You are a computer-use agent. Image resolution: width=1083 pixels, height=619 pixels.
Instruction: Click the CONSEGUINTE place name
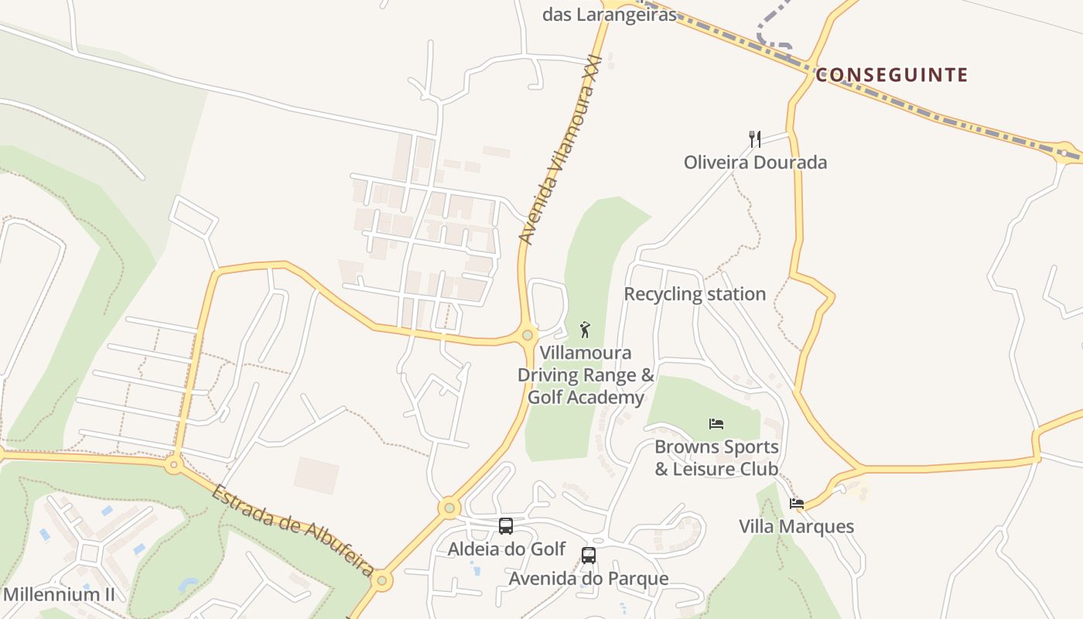891,75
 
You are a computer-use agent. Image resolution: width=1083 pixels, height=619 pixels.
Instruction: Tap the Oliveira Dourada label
755,162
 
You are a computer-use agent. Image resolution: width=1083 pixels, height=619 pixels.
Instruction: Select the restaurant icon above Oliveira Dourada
755,139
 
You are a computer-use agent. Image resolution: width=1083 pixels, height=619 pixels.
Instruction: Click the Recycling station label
695,294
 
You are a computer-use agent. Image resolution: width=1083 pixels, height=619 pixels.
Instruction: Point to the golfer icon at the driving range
585,330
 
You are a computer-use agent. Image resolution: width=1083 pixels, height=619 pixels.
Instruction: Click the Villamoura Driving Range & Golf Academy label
586,375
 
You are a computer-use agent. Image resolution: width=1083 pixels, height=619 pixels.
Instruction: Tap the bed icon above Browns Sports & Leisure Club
716,424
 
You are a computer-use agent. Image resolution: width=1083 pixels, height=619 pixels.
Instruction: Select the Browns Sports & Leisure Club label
716,458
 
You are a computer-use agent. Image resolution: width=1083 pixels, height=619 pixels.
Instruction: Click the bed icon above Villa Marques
797,504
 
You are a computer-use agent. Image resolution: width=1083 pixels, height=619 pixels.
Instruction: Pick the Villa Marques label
796,527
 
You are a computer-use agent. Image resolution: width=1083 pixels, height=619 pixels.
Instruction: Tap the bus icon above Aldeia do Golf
506,526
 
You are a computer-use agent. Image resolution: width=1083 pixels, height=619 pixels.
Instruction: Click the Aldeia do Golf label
507,549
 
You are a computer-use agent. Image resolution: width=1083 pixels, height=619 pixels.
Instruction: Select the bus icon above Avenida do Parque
589,556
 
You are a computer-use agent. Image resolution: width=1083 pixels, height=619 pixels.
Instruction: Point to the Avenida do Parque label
589,579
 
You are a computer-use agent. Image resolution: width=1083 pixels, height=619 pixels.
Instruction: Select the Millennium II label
59,594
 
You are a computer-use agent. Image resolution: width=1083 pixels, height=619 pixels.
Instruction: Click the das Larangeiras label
609,15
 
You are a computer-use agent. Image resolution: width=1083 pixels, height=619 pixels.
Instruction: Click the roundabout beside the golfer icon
528,335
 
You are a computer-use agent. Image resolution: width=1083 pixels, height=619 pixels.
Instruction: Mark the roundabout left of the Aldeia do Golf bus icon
449,508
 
